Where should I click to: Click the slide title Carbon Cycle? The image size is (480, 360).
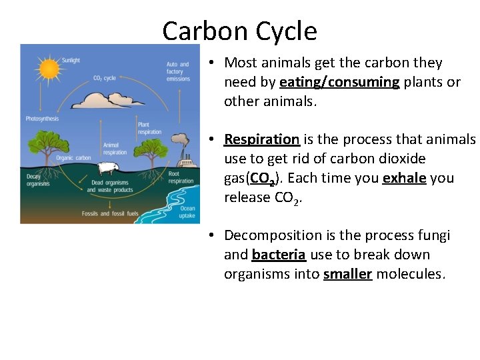coord(239,31)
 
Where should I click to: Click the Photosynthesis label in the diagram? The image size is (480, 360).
coord(43,119)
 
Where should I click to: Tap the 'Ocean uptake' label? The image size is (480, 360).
coord(187,212)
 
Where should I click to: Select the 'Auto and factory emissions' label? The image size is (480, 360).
coord(178,71)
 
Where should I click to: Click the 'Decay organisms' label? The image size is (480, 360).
coord(38,179)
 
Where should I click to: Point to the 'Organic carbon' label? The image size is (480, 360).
coord(74,158)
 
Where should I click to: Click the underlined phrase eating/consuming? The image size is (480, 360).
coord(339,82)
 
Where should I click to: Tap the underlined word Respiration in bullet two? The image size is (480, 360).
coord(261,139)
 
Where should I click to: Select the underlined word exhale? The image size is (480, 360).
coord(404,179)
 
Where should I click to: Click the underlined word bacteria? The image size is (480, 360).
coord(279,255)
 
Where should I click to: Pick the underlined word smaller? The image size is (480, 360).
coord(347,274)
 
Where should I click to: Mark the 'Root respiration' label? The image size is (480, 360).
coord(181,177)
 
